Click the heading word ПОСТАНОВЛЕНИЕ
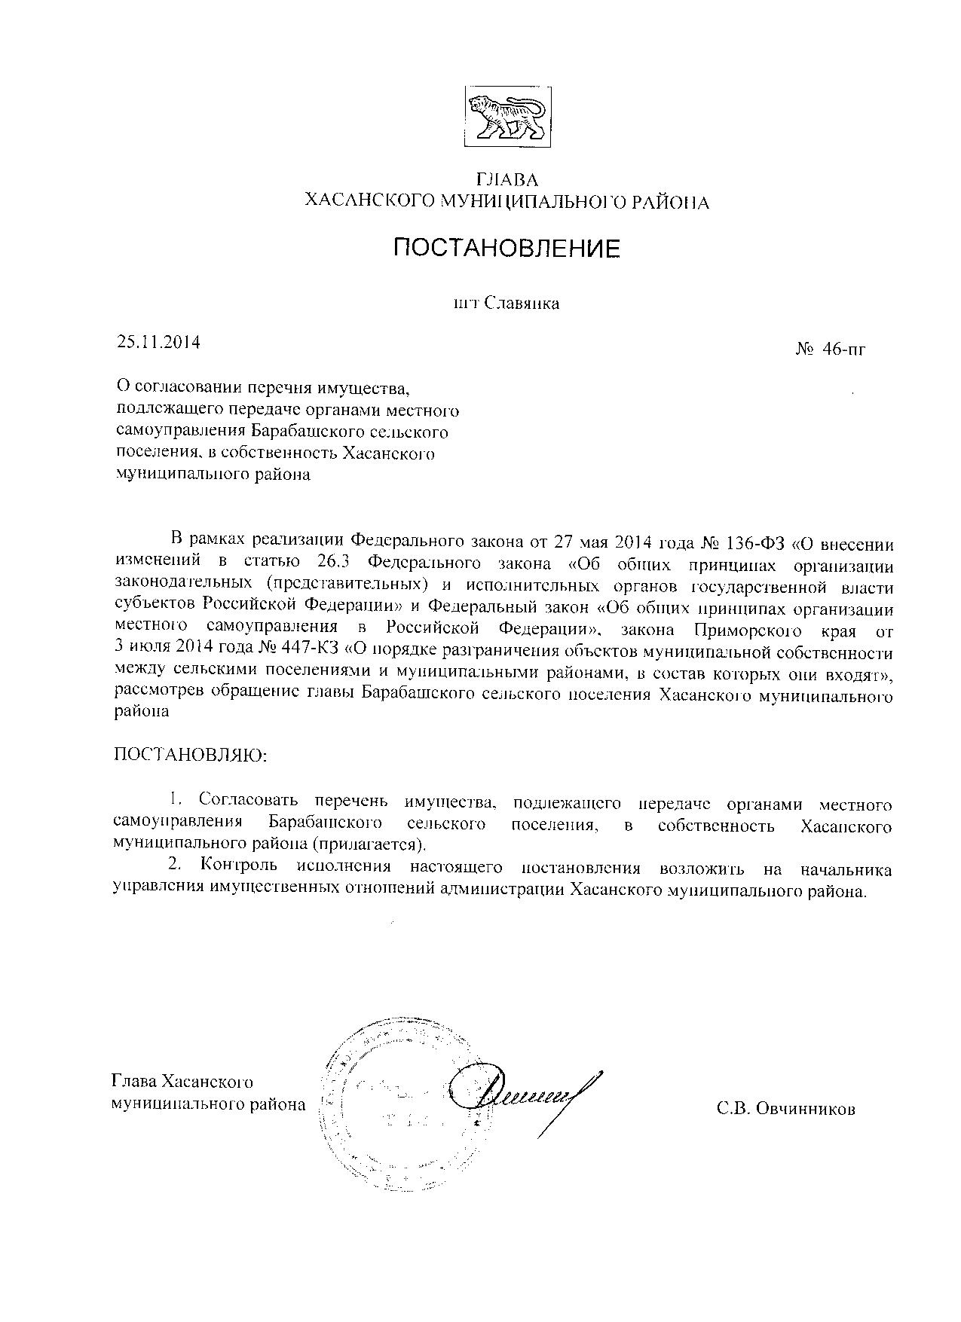507,248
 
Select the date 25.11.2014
158,342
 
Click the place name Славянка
521,304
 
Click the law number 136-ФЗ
753,542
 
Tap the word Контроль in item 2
237,870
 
